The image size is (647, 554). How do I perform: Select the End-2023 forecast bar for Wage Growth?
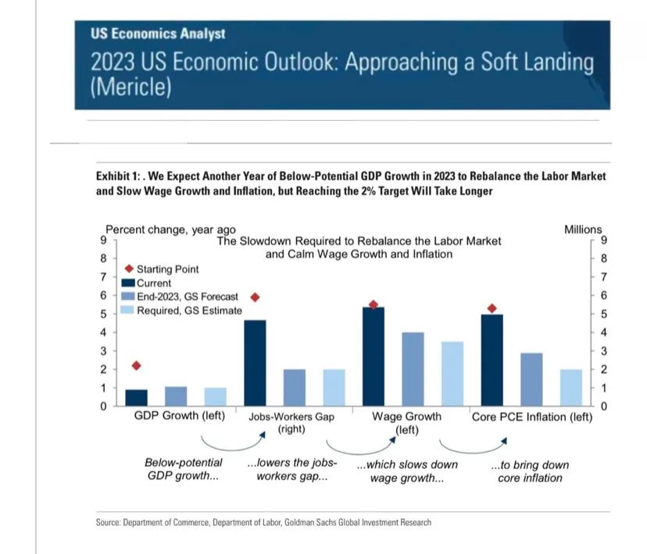pos(413,369)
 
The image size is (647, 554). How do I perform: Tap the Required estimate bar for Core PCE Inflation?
pos(570,388)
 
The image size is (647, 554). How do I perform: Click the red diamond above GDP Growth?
pos(136,365)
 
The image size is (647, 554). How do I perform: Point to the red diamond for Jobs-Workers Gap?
pos(255,297)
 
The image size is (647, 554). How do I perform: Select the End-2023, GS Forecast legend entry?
pos(188,297)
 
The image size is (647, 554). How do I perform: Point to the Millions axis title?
pos(583,229)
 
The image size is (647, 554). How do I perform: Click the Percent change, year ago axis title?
pos(170,229)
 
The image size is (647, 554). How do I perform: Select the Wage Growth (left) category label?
pos(406,422)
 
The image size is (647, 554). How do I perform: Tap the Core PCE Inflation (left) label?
pos(532,417)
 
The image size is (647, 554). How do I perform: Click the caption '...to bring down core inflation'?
pos(530,471)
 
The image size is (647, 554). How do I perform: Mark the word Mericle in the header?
pos(130,87)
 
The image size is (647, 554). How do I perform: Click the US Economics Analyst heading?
pos(158,34)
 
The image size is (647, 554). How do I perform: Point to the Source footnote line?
pos(263,522)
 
